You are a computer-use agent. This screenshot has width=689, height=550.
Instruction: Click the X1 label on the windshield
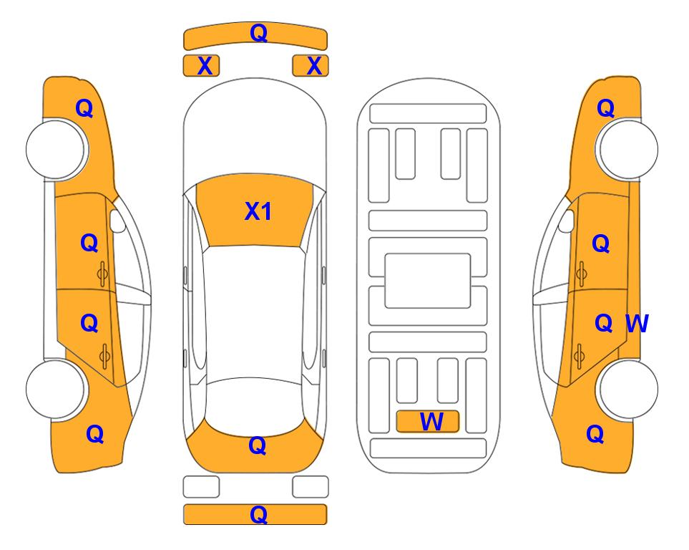tap(258, 211)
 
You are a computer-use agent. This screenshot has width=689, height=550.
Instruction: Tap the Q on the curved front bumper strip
tap(258, 33)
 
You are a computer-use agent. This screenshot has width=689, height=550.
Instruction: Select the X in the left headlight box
tap(205, 66)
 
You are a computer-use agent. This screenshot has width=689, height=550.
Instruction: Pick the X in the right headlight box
tap(314, 66)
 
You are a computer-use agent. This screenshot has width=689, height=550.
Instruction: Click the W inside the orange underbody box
tap(431, 422)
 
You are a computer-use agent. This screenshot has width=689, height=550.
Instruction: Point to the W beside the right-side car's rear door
tap(637, 324)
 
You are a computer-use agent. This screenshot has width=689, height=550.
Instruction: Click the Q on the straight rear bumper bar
tap(258, 514)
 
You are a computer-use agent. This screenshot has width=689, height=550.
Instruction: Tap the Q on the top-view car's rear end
tap(257, 445)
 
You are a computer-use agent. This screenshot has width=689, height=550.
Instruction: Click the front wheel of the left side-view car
tap(56, 150)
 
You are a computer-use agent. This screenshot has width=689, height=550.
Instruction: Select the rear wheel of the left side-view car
tap(56, 390)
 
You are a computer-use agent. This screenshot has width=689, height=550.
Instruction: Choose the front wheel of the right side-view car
tap(627, 150)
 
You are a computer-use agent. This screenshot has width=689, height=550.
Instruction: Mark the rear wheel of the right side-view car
tap(627, 390)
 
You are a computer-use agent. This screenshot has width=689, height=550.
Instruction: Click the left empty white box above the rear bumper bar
tap(201, 487)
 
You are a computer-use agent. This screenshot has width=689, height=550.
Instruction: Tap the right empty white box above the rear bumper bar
tap(311, 487)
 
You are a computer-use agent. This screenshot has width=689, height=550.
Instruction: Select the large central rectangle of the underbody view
tap(428, 281)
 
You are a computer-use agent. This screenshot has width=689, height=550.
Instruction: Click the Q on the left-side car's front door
tap(89, 243)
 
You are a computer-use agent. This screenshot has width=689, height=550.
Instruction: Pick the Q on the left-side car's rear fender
tap(95, 434)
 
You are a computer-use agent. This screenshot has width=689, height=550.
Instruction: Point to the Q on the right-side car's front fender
tap(605, 108)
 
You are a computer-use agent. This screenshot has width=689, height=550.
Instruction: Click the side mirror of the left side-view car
tap(117, 221)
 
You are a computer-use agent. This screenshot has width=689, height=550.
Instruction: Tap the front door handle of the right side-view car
tap(581, 274)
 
